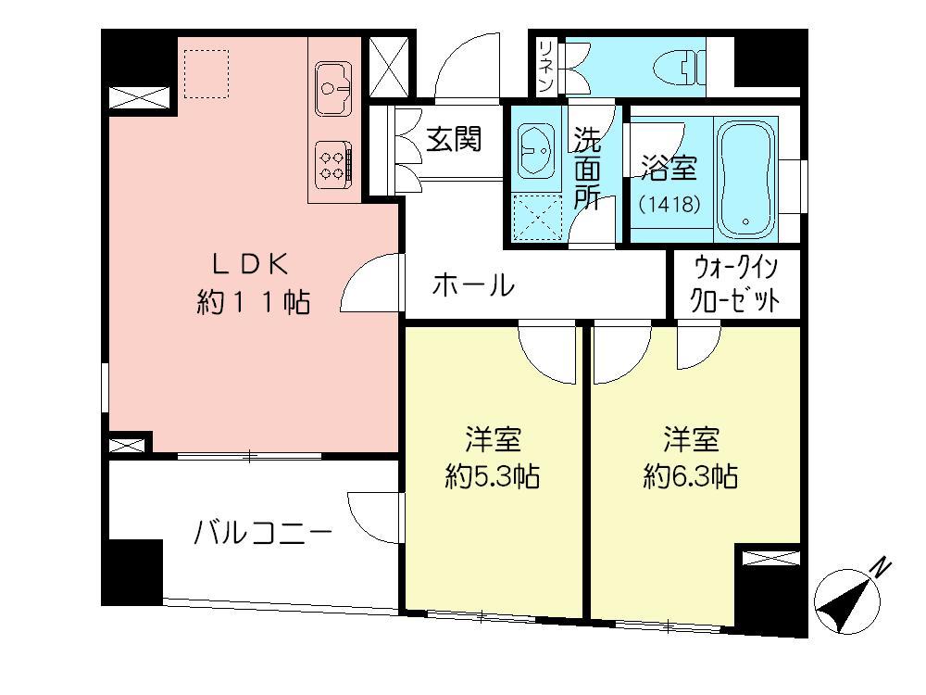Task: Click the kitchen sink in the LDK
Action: pos(332,81)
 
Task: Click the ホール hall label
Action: pos(473,285)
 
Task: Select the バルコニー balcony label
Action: pos(264,535)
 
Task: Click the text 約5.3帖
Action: pos(492,477)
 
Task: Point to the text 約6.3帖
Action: pos(691,477)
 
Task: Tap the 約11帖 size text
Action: pos(253,302)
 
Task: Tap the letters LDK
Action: pos(252,263)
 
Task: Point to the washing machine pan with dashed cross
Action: pos(536,218)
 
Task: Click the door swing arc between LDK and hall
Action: pos(370,284)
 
